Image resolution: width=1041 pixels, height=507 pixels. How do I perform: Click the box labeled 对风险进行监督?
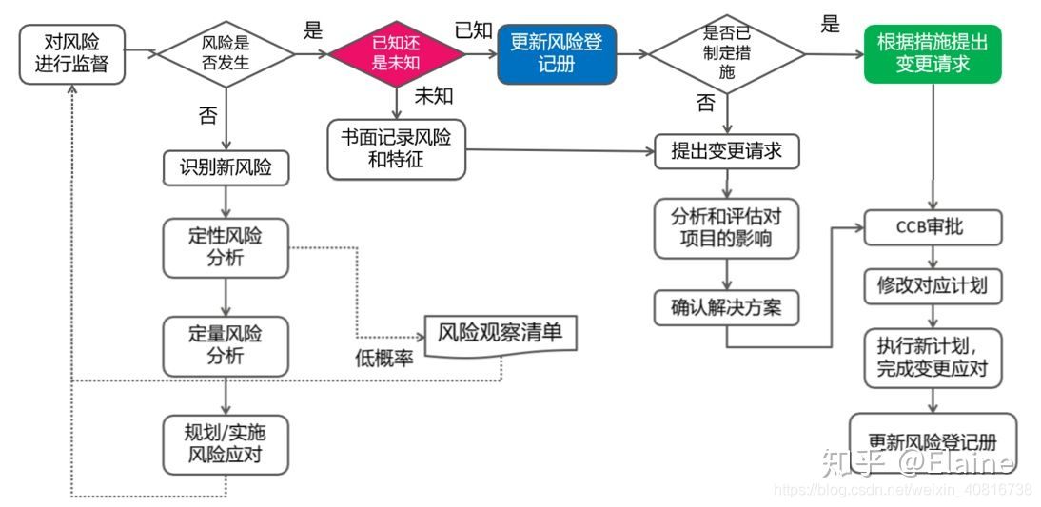[x=72, y=52]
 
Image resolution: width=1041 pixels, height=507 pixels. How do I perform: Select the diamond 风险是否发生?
[x=226, y=53]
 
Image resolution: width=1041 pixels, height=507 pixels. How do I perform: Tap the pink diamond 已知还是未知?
[x=396, y=52]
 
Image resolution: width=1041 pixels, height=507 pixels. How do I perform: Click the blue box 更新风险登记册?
[x=557, y=52]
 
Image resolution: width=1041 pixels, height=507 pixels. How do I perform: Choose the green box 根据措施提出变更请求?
[x=932, y=53]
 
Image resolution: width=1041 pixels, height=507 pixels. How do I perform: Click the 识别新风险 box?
[x=226, y=167]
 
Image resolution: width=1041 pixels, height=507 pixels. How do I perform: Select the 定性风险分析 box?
[x=226, y=247]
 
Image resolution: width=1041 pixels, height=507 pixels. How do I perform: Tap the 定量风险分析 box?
[x=226, y=345]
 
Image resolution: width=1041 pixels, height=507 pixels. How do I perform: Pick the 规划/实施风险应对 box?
[x=226, y=444]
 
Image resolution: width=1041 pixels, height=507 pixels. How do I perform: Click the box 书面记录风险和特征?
[x=396, y=149]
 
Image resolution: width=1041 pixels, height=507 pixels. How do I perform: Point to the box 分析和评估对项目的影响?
[x=726, y=227]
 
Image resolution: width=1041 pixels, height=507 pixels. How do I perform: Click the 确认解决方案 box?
[x=726, y=307]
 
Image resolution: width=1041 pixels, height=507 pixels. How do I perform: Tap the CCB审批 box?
[x=933, y=228]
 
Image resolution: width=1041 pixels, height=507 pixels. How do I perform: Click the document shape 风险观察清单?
[x=500, y=334]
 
